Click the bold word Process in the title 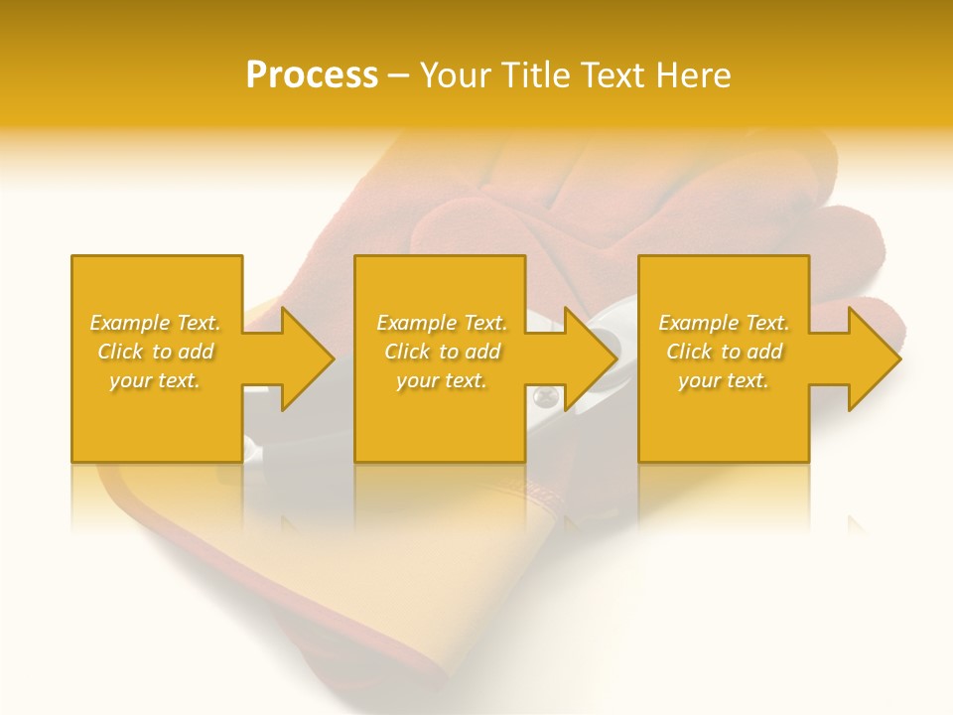[312, 74]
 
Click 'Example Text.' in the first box [155, 323]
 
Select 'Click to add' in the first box [155, 352]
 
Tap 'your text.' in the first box [155, 380]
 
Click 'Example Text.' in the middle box [441, 323]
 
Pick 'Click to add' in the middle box [441, 352]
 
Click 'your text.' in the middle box [441, 380]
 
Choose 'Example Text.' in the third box [724, 323]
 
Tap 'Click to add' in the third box [724, 352]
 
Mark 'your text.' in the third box [724, 380]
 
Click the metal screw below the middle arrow [541, 398]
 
